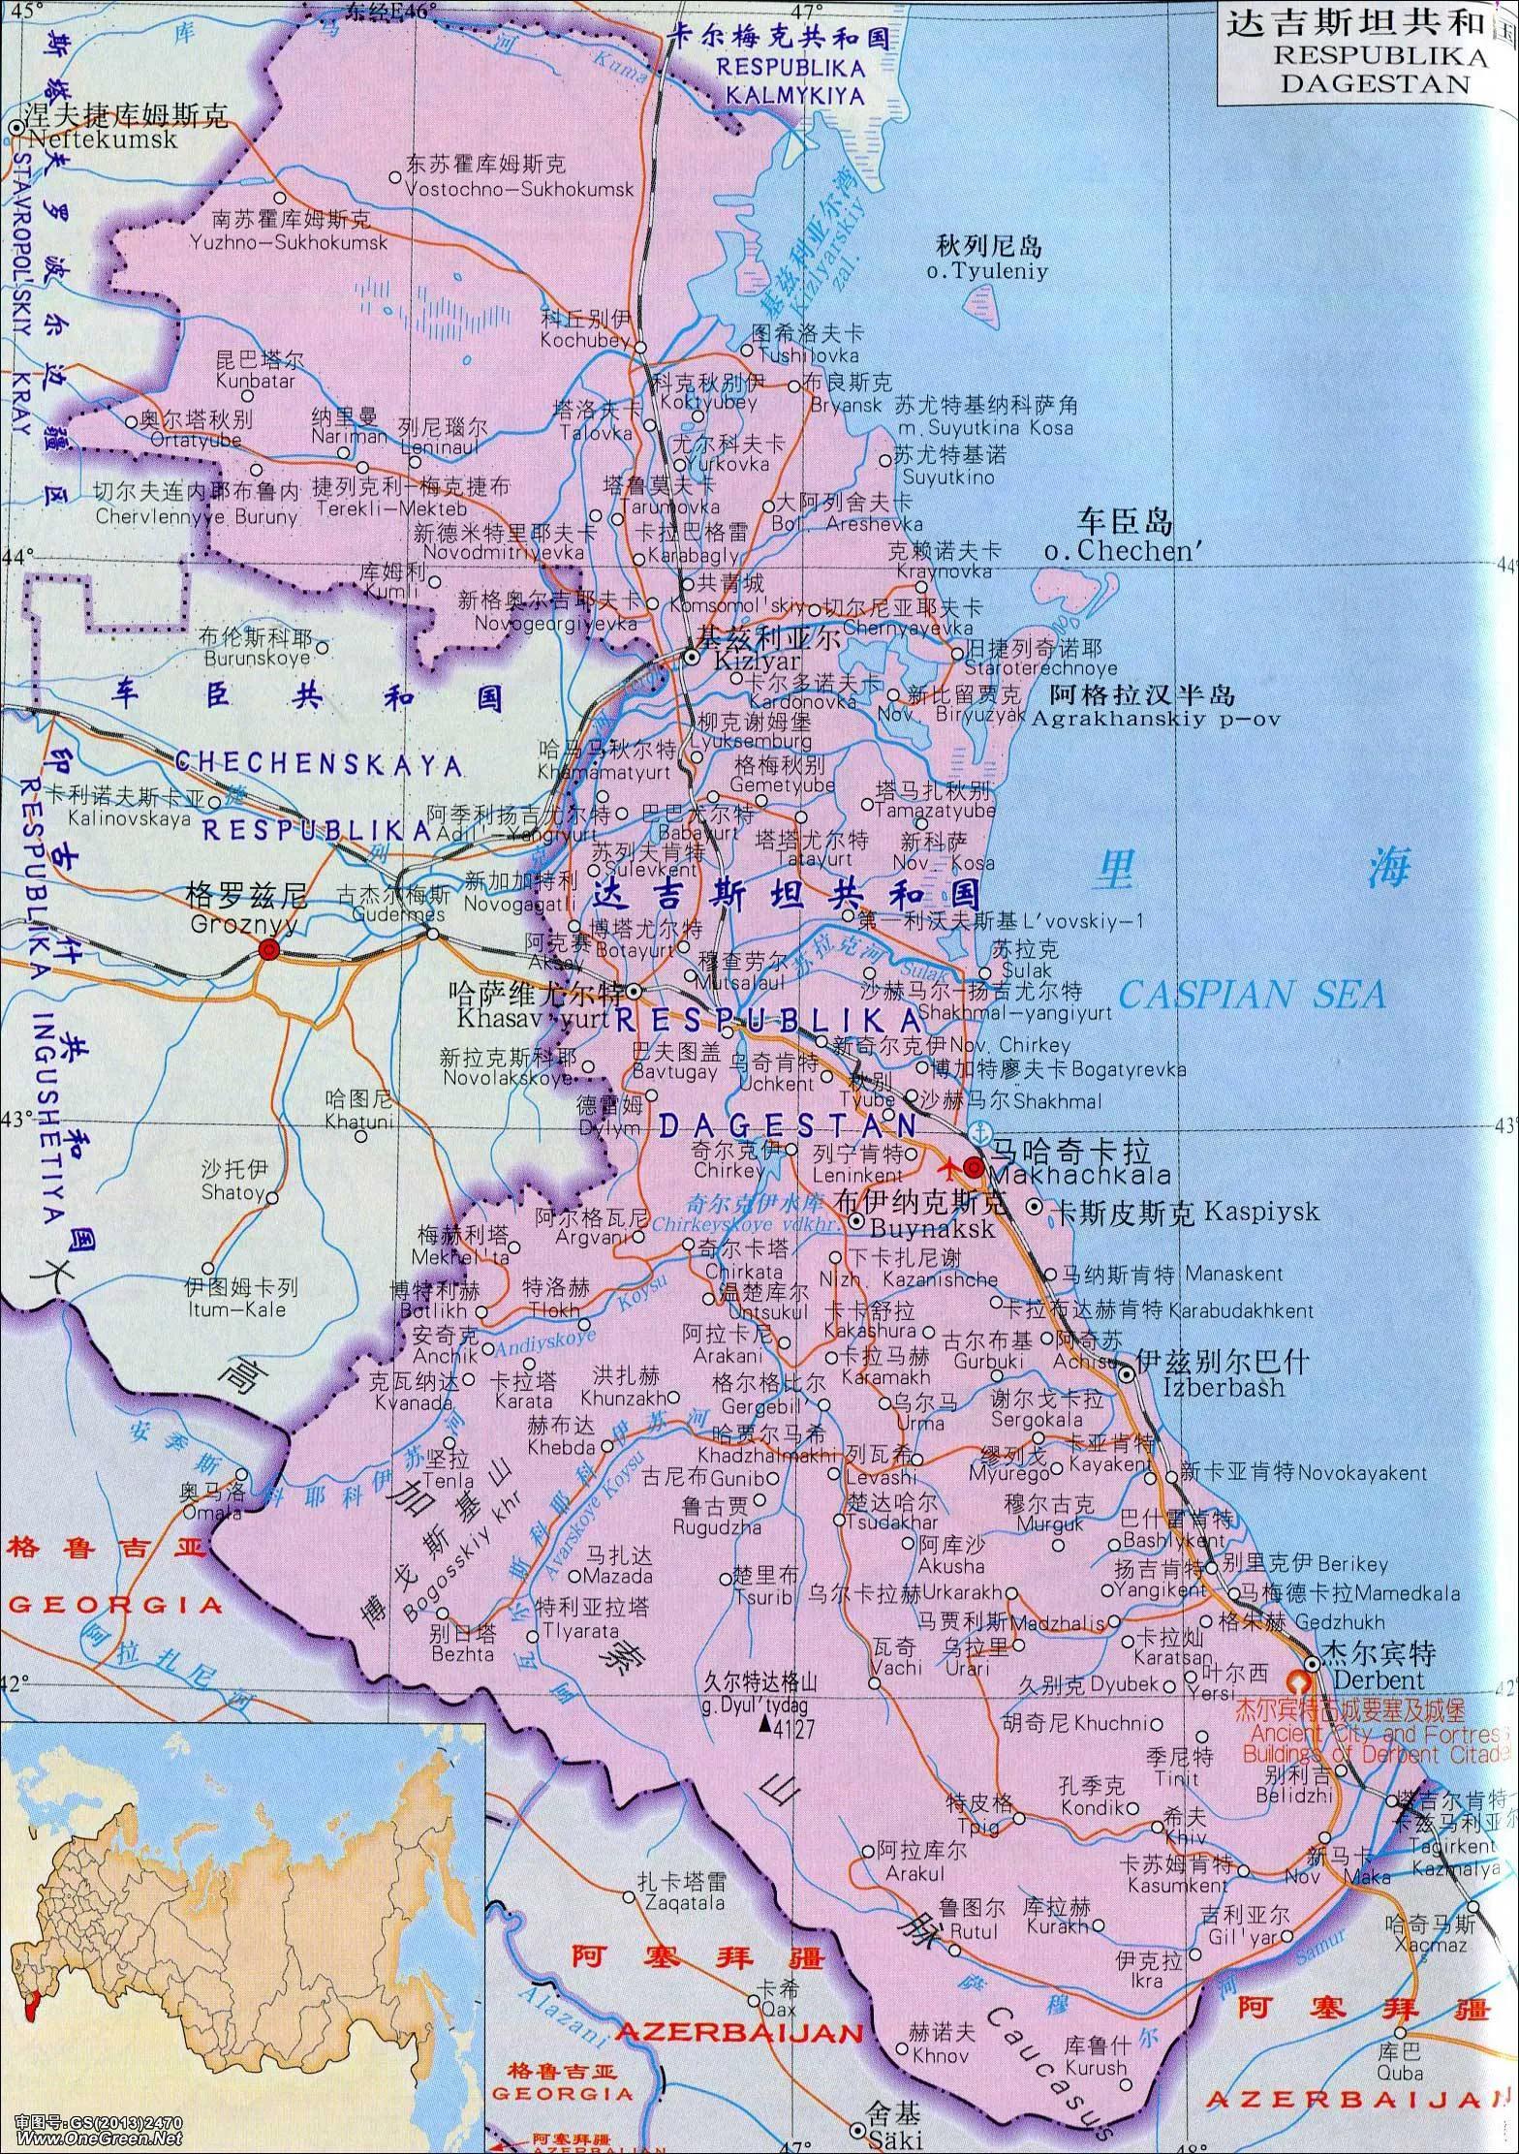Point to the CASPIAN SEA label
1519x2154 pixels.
[1252, 995]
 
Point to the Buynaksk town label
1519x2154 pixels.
[925, 1228]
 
